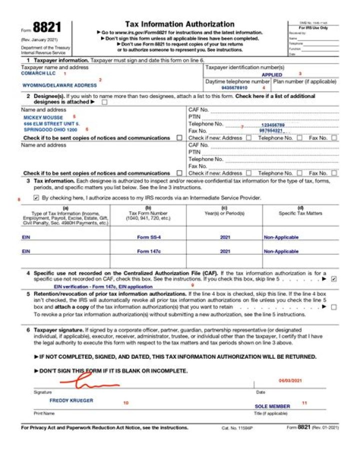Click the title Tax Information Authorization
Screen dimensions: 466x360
coord(179,24)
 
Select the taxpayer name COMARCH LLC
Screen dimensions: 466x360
coord(38,74)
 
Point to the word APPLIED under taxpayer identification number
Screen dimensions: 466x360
coord(272,75)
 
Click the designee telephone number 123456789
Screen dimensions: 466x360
coord(272,125)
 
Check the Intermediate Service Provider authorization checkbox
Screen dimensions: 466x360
coord(36,198)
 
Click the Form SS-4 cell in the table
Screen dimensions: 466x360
coord(148,237)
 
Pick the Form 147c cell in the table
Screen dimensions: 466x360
coord(148,251)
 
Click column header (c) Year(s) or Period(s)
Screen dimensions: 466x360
coord(225,211)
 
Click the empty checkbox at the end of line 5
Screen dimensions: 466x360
coord(333,307)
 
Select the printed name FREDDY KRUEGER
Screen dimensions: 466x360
coord(71,400)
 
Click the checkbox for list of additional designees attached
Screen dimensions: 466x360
coord(104,102)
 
